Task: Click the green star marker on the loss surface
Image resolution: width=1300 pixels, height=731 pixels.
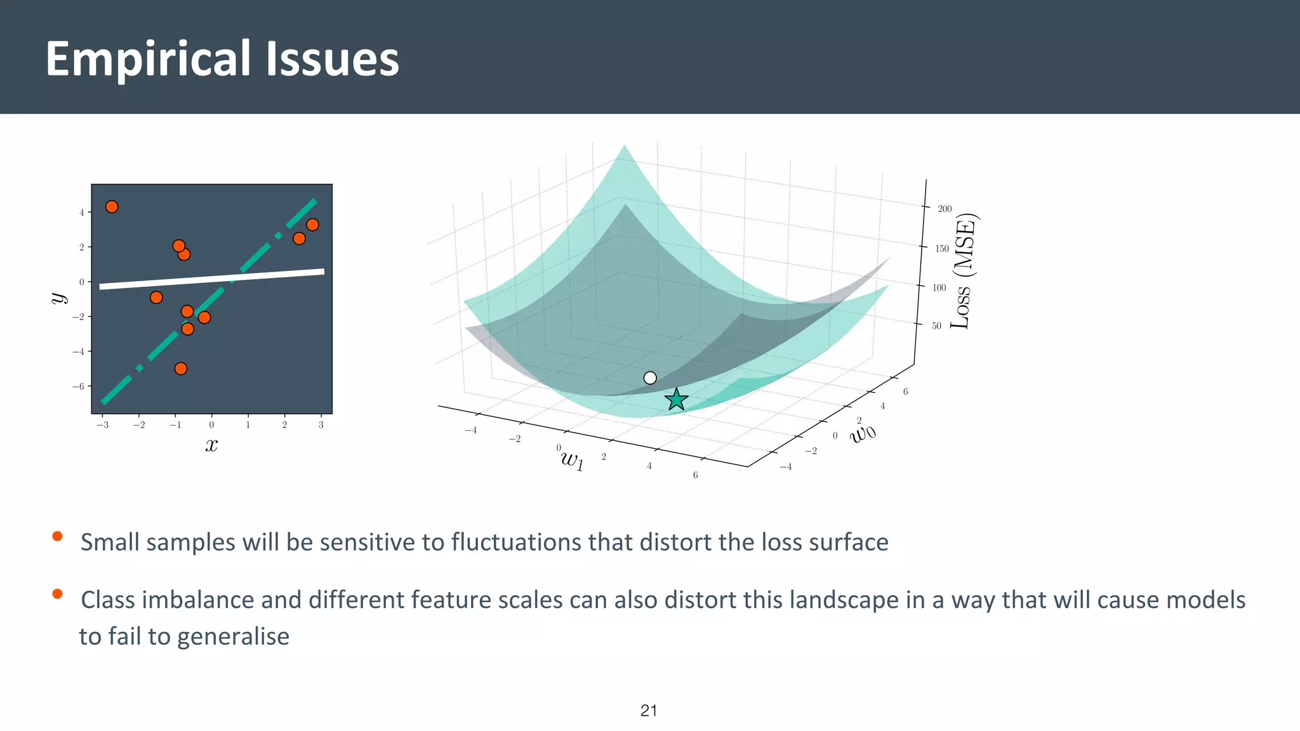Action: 677,400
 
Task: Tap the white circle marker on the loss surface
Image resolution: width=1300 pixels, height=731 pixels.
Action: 650,378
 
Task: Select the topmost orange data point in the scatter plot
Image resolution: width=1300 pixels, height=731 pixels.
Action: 112,207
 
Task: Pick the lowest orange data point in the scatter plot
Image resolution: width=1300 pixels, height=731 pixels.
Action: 181,369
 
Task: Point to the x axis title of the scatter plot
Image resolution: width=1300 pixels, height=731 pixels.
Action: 211,445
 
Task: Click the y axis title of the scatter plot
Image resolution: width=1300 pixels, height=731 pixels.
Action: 58,298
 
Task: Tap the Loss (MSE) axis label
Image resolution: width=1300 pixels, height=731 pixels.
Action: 964,272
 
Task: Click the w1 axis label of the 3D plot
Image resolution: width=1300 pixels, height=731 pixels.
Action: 572,459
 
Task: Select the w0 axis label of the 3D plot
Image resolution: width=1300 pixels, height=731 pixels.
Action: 863,433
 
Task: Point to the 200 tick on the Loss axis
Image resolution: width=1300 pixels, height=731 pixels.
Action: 945,209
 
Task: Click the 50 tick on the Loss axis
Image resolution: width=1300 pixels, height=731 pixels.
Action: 936,326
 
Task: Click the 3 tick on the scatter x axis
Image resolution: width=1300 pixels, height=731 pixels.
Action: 321,425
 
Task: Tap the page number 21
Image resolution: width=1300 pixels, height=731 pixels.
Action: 649,711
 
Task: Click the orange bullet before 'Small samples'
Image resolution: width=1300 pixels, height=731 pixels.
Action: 57,536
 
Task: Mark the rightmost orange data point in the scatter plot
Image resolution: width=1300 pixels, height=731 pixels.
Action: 312,225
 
